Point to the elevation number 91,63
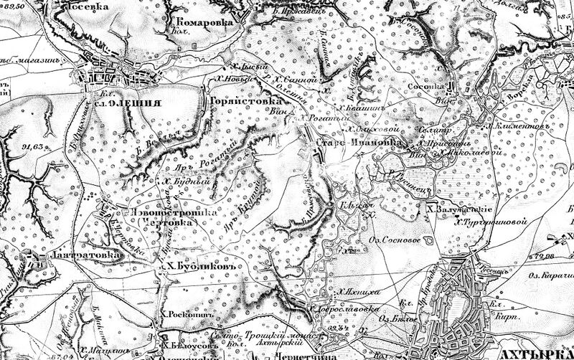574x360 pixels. pyautogui.click(x=32, y=147)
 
